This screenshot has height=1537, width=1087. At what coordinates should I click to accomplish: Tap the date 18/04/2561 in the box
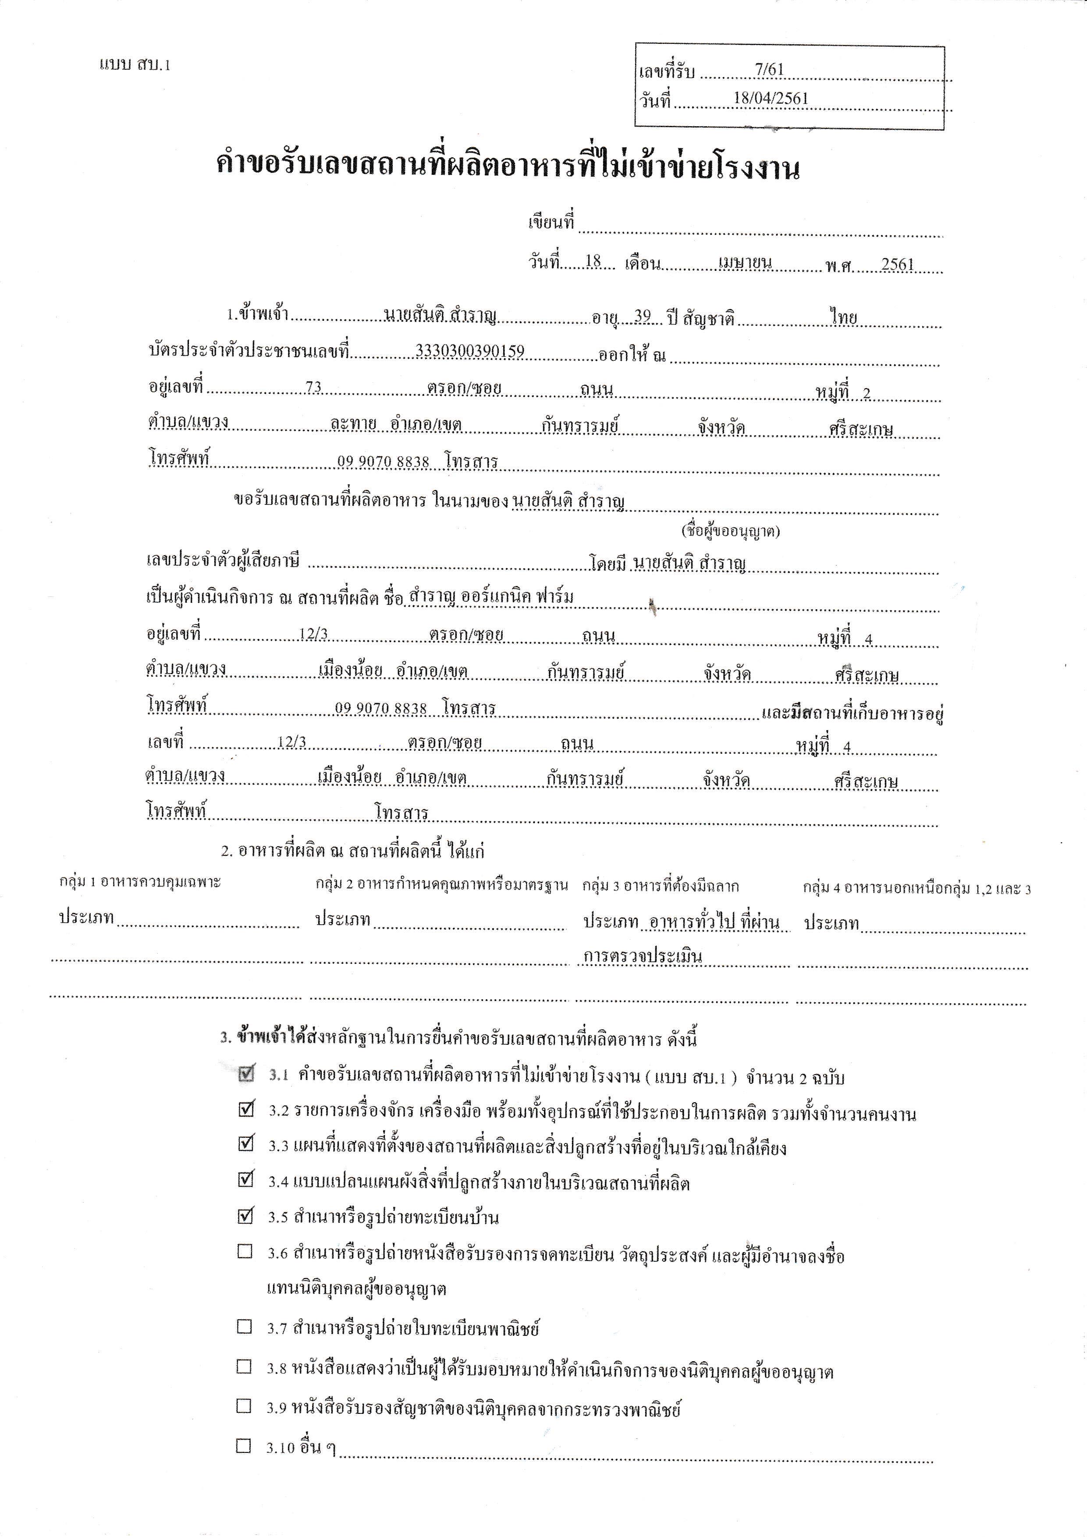tap(771, 98)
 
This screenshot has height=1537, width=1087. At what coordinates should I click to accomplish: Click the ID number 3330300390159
tap(470, 351)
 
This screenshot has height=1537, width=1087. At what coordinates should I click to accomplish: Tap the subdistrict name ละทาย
tap(353, 426)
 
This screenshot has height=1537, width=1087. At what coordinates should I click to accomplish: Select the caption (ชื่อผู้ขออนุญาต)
tap(731, 532)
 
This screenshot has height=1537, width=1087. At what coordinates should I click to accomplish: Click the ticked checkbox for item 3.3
tap(246, 1143)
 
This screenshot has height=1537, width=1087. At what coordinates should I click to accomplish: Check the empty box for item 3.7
tap(245, 1326)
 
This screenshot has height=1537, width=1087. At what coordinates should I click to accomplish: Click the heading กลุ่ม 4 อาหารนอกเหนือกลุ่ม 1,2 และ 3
tap(916, 888)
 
